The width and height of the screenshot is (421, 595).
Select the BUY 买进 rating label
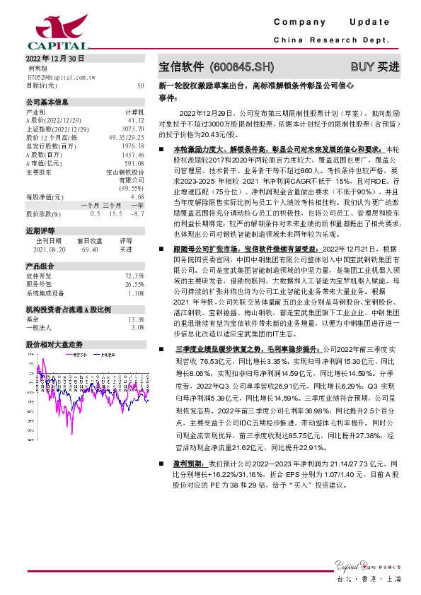pos(374,67)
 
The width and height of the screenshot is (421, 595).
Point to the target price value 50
pos(141,85)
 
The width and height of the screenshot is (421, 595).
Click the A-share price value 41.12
pos(136,120)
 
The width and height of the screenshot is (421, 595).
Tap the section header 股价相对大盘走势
pos(54,343)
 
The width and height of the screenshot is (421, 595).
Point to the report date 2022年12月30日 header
pos(54,58)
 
